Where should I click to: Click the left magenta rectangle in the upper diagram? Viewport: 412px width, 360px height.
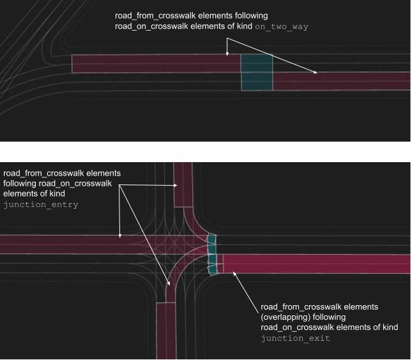153,63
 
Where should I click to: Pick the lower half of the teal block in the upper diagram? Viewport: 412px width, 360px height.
257,81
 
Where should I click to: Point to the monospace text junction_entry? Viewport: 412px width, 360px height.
41,204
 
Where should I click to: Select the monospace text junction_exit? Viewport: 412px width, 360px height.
295,338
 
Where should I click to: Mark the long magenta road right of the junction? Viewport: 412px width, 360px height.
319,263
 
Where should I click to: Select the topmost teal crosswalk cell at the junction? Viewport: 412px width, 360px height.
211,240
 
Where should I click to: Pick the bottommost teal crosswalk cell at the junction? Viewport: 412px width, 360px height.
213,268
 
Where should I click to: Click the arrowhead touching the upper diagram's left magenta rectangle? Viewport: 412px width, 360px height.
227,56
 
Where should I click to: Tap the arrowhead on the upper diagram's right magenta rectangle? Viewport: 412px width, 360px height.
316,74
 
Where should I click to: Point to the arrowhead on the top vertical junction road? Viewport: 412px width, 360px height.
178,185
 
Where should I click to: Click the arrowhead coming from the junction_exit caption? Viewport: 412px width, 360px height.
234,273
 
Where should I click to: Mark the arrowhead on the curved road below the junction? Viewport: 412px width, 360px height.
169,282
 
